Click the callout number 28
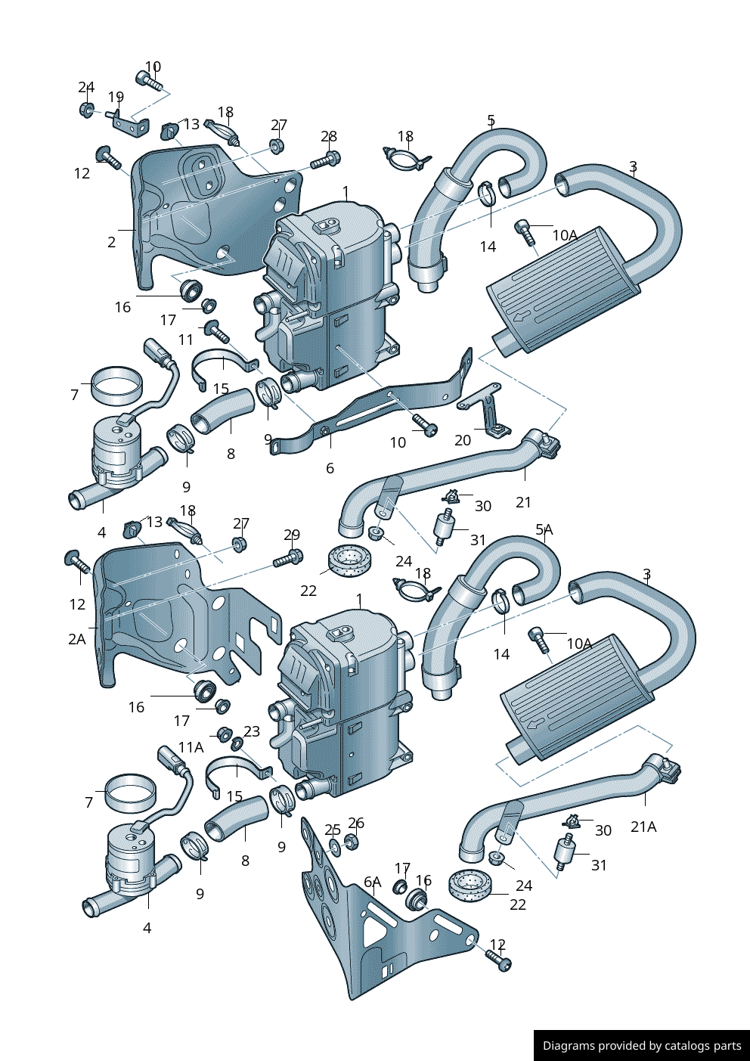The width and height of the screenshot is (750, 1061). coord(328,137)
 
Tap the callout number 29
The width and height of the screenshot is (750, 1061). coord(292,535)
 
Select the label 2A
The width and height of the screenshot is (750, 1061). coord(77,640)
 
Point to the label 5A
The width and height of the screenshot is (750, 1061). coord(544,530)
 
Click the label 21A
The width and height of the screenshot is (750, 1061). coord(643,827)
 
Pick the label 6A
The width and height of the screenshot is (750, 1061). coord(373,883)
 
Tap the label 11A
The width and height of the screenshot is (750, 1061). coord(191,748)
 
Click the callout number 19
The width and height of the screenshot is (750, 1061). coord(116,98)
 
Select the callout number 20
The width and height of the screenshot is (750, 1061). coord(463,440)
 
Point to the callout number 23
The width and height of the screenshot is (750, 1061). coord(252,731)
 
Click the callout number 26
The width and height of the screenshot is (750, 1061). coord(356,823)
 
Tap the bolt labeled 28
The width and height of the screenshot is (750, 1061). coord(327,160)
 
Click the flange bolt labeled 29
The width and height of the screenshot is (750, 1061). coord(288,560)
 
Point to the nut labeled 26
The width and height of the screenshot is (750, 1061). coord(351,841)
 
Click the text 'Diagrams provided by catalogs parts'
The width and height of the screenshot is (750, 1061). coord(642,1046)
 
